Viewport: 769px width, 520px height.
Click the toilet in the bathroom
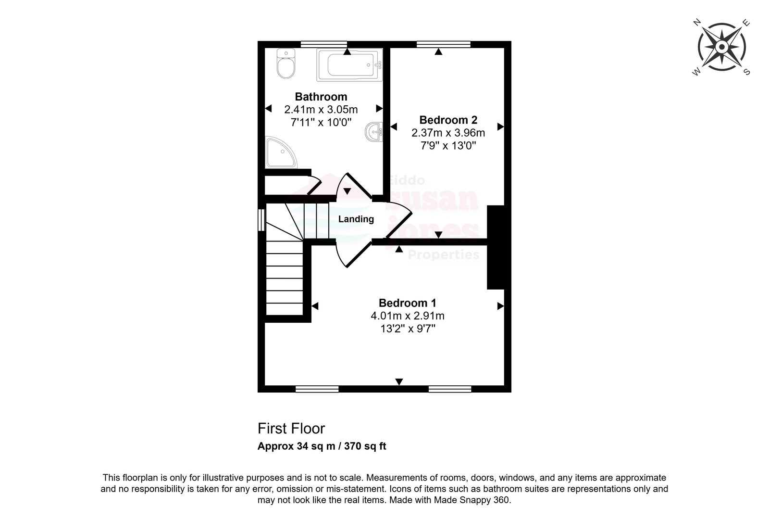pos(286,63)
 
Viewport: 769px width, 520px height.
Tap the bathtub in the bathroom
pos(349,64)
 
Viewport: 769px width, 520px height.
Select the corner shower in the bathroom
pos(281,152)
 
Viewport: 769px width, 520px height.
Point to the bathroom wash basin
pos(374,132)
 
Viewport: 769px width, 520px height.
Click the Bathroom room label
pos(321,97)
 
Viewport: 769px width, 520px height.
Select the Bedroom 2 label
pos(448,120)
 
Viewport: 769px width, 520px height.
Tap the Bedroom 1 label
pos(408,303)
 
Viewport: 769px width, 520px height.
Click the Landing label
pos(356,219)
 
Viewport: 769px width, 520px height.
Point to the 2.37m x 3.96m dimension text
pos(448,133)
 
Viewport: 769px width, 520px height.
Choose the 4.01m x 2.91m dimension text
pos(408,316)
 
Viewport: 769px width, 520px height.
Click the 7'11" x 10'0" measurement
pos(321,122)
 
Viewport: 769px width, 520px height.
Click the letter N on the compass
pos(697,23)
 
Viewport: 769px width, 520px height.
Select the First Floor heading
pos(291,429)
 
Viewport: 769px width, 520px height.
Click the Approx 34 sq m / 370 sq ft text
pos(322,446)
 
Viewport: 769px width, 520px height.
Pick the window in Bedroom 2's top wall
pos(444,44)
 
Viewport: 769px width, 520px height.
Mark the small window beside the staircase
pos(261,220)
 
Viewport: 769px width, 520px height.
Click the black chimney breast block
pos(496,247)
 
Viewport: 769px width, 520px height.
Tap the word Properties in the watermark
pos(444,255)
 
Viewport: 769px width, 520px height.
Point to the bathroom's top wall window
pos(324,44)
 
